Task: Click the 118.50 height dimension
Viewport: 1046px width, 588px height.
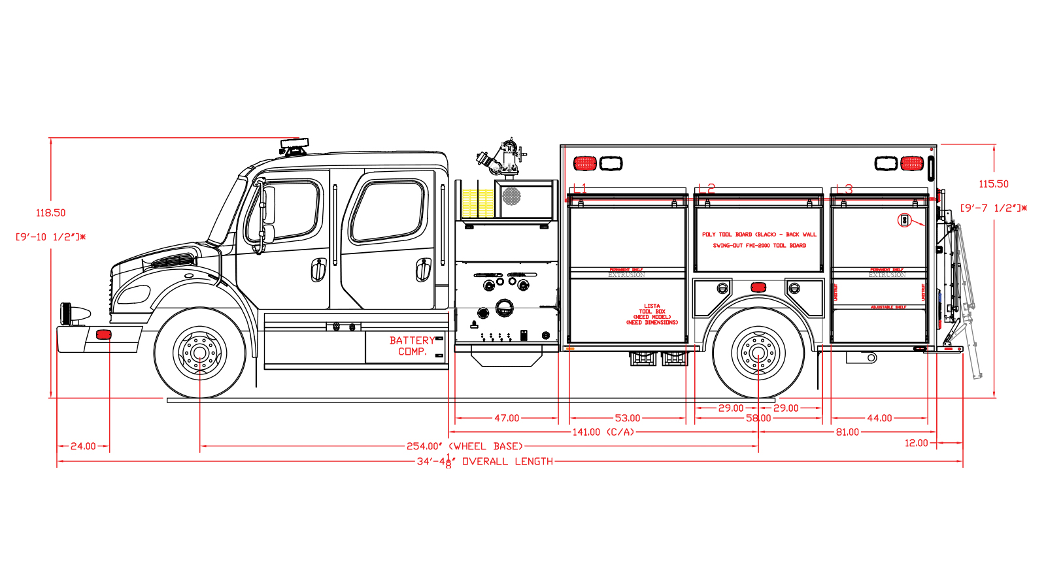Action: tap(50, 213)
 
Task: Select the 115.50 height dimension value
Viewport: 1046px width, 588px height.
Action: tap(993, 184)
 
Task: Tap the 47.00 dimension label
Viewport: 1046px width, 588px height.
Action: tap(507, 418)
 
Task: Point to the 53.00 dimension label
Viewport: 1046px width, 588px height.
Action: tap(628, 418)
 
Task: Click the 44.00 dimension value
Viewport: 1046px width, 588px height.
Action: tap(879, 418)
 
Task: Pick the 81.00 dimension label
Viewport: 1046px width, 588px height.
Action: tap(847, 433)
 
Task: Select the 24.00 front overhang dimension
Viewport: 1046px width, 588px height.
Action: tap(83, 446)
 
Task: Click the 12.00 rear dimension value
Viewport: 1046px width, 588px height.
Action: tap(916, 443)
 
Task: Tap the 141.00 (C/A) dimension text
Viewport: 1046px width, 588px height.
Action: tap(603, 433)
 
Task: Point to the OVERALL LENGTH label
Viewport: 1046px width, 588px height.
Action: tap(484, 461)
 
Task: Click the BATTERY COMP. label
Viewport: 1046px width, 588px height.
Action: tap(412, 346)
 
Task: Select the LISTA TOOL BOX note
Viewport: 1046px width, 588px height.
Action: tap(652, 314)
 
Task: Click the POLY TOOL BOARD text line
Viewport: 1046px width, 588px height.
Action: tap(759, 235)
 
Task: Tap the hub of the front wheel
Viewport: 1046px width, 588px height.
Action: tap(199, 353)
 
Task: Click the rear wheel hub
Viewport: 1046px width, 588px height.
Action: tap(758, 353)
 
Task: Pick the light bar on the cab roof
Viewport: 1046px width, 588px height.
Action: tap(294, 143)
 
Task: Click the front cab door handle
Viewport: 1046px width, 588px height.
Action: tap(318, 269)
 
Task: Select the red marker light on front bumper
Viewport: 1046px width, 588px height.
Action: tap(104, 335)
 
